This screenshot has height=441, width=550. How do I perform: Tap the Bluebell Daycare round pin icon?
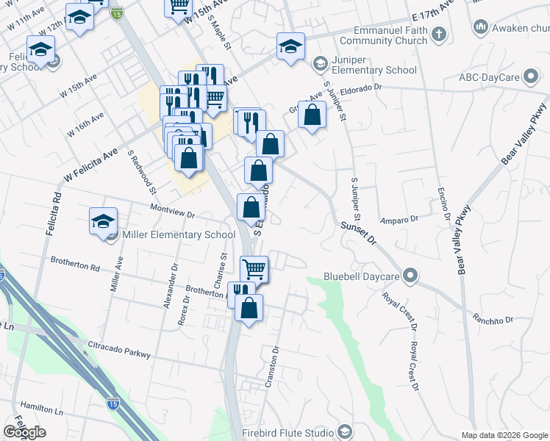(410, 277)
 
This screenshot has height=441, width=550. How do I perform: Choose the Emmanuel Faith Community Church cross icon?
(438, 34)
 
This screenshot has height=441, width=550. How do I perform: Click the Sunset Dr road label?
(359, 234)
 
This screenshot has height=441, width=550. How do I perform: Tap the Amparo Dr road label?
(399, 219)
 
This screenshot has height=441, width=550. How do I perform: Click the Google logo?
(24, 432)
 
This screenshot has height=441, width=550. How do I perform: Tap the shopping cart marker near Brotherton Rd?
(254, 268)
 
